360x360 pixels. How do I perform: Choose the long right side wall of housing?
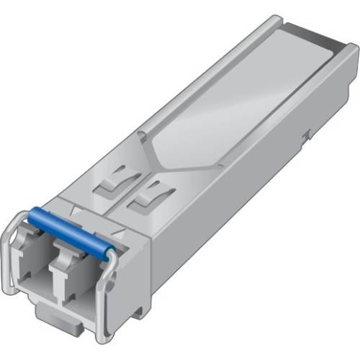coord(238,202)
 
